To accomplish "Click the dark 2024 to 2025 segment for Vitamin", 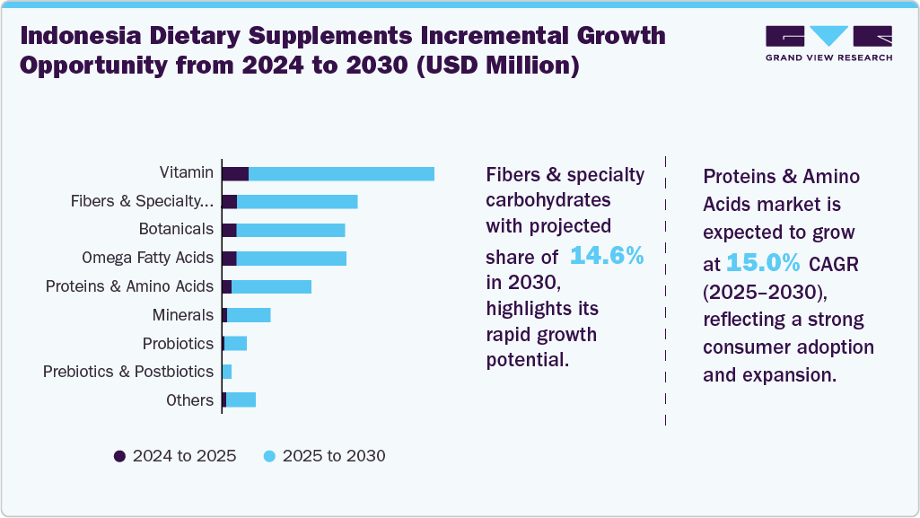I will point(235,173).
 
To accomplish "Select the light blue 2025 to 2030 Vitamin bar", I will point(341,173).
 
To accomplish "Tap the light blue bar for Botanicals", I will point(290,230).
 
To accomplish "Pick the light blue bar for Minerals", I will point(249,315).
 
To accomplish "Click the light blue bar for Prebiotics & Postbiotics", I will point(227,372).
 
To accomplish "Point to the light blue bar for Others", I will point(241,399).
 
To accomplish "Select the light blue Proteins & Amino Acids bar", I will point(271,286).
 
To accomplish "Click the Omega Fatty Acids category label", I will point(147,258).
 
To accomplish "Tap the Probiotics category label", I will point(178,343).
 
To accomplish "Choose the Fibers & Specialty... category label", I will point(142,201).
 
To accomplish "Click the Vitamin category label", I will point(187,172).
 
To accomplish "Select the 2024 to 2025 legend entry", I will point(175,456).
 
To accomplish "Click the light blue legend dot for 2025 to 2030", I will point(269,456).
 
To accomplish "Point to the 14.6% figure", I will point(608,256).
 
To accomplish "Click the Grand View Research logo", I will point(828,42).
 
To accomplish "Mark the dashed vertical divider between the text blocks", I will point(665,287).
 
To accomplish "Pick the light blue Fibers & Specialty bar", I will point(297,201).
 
